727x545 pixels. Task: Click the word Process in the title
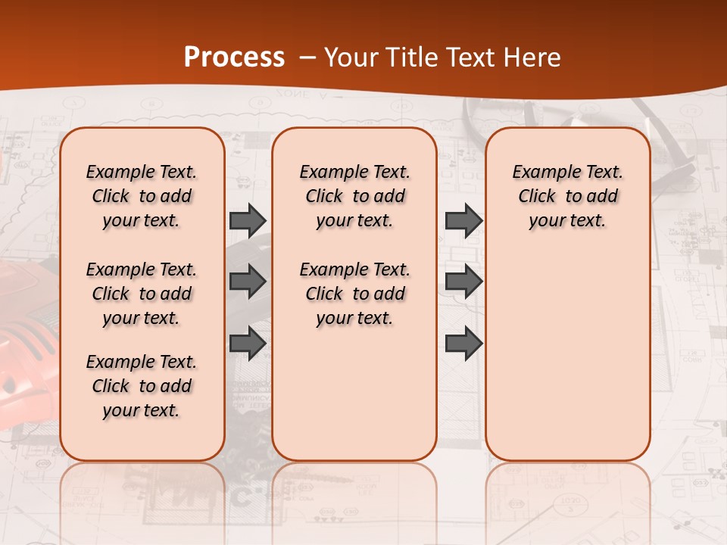click(x=234, y=58)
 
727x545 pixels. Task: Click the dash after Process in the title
click(x=307, y=58)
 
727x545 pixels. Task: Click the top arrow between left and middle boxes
click(x=248, y=220)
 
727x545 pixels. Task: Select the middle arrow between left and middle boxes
click(x=248, y=282)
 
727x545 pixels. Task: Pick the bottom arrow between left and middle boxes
click(x=248, y=343)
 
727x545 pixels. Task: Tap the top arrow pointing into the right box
click(x=463, y=220)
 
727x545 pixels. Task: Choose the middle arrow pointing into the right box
click(x=463, y=282)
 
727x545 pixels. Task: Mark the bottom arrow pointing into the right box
click(x=463, y=343)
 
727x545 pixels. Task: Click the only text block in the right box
click(x=567, y=196)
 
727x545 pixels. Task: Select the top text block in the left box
click(x=141, y=196)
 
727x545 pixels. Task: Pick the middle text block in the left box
click(x=141, y=294)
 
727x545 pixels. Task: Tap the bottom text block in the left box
click(x=141, y=386)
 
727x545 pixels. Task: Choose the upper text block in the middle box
click(x=354, y=196)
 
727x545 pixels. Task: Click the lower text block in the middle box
click(x=354, y=294)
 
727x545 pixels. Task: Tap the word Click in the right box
click(x=537, y=196)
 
